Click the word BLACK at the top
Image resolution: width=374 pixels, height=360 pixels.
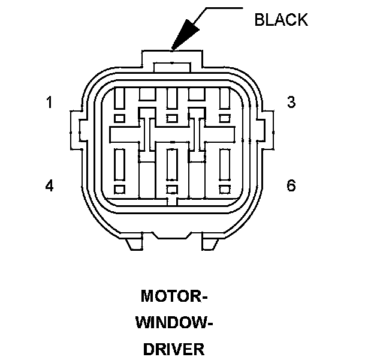[281, 19]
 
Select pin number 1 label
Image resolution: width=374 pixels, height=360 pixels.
[50, 103]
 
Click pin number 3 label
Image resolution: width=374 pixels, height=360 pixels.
[291, 103]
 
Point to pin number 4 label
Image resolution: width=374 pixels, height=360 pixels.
[50, 186]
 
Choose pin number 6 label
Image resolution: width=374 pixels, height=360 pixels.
[291, 186]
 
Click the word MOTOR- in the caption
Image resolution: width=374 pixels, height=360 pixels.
[174, 296]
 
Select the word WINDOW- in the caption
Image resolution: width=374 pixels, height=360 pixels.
[174, 323]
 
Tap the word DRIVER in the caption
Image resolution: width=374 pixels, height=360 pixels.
[174, 349]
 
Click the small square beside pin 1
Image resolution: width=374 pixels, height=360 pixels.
[119, 118]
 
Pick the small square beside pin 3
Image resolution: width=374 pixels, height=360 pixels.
[225, 118]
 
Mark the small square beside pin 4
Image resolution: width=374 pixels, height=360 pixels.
[119, 190]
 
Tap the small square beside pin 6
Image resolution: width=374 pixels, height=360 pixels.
[225, 190]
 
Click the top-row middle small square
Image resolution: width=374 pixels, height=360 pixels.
[172, 118]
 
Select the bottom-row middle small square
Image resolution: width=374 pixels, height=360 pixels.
[172, 190]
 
